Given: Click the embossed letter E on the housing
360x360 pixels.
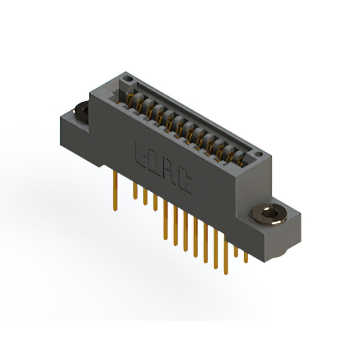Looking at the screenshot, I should pyautogui.click(x=140, y=152).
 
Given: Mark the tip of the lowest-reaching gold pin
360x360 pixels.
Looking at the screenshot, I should pyautogui.click(x=226, y=273).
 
